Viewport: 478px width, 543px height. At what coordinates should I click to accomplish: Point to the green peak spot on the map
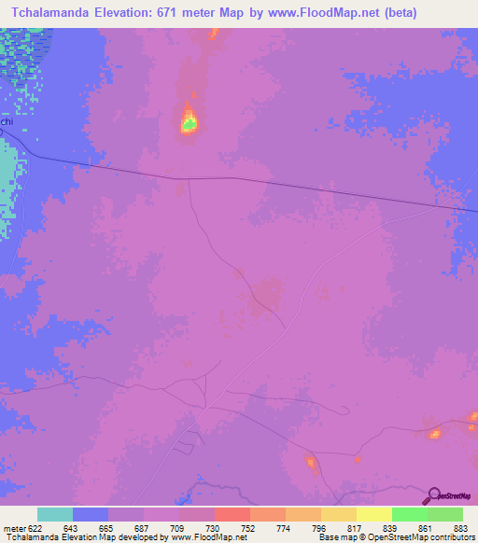[x=190, y=121]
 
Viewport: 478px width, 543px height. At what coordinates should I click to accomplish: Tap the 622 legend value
[x=35, y=528]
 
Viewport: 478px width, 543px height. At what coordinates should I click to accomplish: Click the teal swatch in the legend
[x=55, y=514]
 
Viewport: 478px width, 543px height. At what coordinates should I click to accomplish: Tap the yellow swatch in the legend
[x=338, y=514]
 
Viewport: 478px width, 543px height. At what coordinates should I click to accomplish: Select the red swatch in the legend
[x=232, y=514]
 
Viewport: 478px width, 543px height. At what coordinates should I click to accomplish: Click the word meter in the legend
[x=12, y=528]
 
